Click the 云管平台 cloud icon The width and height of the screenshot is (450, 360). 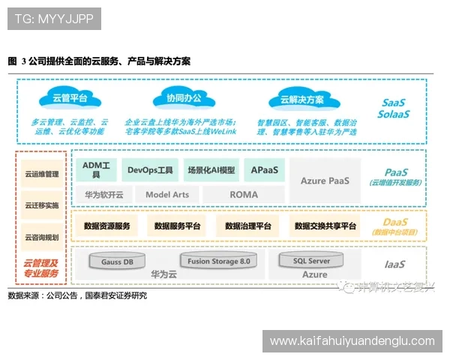69,98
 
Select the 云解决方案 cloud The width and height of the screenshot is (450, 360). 301,99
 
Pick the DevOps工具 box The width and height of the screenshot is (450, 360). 150,169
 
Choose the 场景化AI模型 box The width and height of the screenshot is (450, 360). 211,169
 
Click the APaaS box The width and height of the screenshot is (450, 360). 265,169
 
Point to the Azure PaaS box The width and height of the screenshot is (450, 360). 325,180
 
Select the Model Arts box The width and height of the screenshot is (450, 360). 166,194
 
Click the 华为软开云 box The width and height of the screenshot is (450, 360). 103,194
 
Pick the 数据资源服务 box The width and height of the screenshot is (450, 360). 106,226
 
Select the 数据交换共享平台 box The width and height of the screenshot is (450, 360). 325,226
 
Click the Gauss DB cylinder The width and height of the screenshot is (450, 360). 117,262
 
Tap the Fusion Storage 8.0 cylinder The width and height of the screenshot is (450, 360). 218,261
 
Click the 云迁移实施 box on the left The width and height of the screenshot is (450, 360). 41,205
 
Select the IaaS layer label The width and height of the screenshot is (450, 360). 394,265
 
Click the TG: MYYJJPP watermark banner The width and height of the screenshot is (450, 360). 53,18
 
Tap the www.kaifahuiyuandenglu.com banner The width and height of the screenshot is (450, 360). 352,341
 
